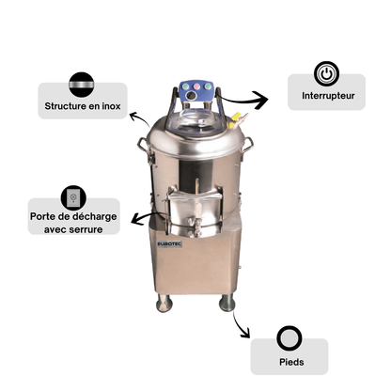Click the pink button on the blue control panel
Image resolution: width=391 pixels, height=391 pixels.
pos(196,86)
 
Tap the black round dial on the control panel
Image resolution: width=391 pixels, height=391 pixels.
pos(190,96)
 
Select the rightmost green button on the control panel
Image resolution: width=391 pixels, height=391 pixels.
pos(207,86)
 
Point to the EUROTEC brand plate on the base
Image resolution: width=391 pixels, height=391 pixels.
pos(169,244)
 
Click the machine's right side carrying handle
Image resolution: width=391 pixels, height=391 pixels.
pos(247,145)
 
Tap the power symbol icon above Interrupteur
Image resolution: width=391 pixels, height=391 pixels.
pos(326,74)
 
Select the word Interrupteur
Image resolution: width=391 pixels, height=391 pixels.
pos(328,96)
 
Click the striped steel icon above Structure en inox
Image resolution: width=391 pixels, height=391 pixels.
pos(82,85)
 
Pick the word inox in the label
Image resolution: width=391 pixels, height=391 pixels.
pos(111,106)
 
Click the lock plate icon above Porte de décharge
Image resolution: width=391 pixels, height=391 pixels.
pos(73,197)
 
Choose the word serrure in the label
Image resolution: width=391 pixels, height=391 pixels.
pos(87,229)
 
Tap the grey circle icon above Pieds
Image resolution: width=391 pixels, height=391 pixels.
pos(289,338)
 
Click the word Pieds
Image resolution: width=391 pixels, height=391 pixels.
pos(291,362)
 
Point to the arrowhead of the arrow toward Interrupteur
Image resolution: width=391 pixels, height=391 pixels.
pos(261,100)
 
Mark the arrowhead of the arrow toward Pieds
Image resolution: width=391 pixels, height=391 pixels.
pos(245,333)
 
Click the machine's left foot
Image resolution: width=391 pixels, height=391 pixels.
pos(164,303)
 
